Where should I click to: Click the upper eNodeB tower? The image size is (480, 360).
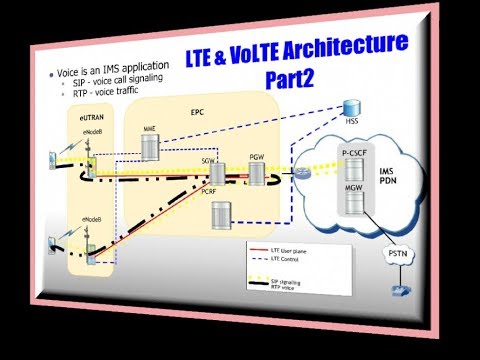87,160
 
